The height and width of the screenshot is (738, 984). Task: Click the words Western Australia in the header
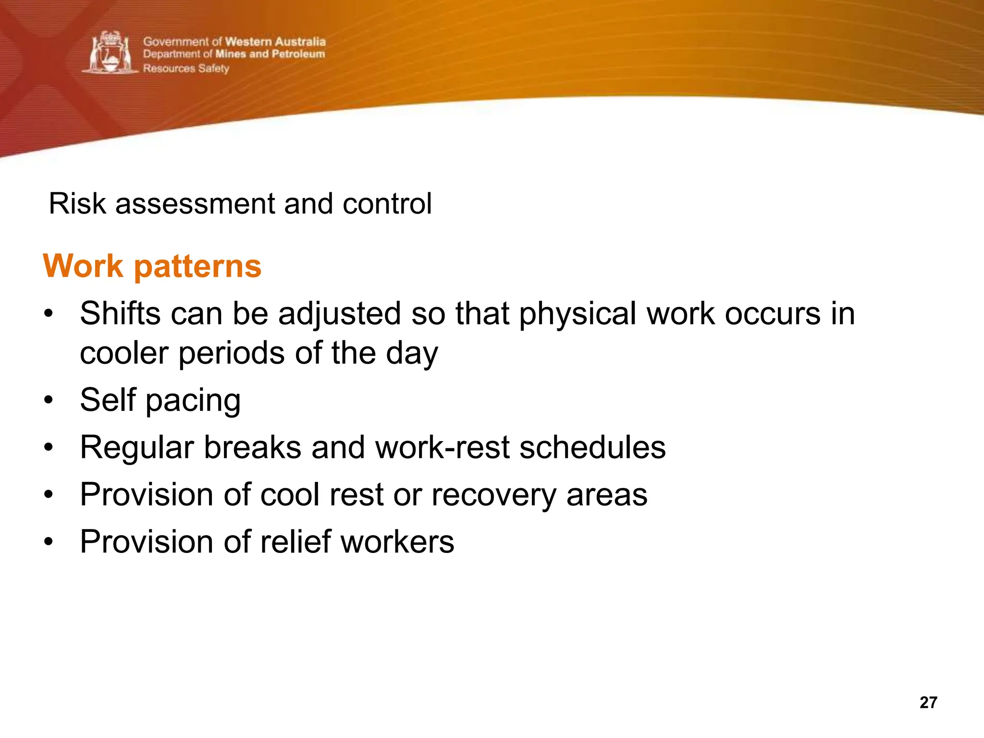coord(275,42)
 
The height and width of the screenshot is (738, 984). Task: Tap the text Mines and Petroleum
coord(270,54)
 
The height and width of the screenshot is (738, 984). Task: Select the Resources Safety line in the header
coord(186,69)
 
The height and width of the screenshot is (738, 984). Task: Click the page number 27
coord(928,702)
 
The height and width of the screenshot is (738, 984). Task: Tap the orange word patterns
coord(197,267)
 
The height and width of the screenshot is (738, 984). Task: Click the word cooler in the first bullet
coord(124,353)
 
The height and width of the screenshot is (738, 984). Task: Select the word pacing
coord(193,401)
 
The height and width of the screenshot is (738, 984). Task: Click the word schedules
coord(592,447)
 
